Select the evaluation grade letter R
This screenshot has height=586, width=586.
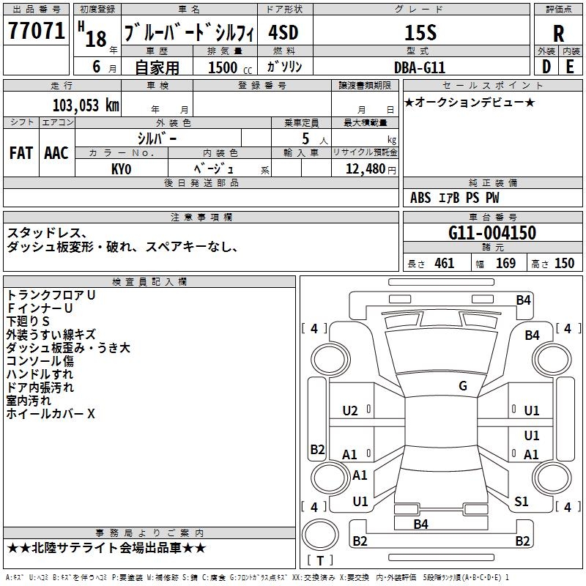pos(558,33)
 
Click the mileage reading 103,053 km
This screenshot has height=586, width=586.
pos(86,105)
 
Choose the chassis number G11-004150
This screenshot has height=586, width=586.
pos(492,233)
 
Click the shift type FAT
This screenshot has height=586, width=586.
pos(21,153)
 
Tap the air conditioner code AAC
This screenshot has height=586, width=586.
pos(56,153)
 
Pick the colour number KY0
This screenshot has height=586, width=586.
pos(121,169)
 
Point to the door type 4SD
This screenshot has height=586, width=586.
pos(283,33)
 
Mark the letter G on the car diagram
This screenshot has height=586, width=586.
pos(463,385)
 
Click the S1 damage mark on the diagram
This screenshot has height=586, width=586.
pos(522,501)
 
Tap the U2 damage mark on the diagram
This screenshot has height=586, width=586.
pos(350,411)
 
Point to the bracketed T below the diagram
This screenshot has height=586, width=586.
pos(319,560)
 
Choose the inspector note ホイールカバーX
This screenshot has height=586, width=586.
pos(51,414)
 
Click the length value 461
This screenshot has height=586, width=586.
pos(444,263)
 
